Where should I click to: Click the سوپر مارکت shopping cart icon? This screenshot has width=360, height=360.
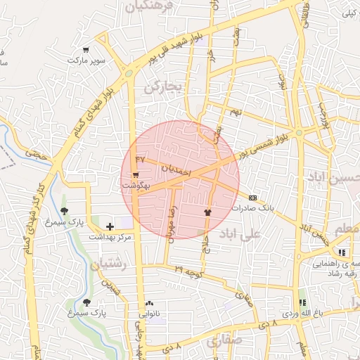point(85,50)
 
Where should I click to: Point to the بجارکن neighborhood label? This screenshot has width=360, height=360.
point(163,86)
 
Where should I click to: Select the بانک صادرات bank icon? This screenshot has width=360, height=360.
point(252,198)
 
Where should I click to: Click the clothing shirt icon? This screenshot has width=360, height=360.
point(207,211)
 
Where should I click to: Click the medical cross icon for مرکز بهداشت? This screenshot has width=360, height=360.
point(109,226)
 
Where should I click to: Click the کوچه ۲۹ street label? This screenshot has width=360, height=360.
point(189,270)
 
